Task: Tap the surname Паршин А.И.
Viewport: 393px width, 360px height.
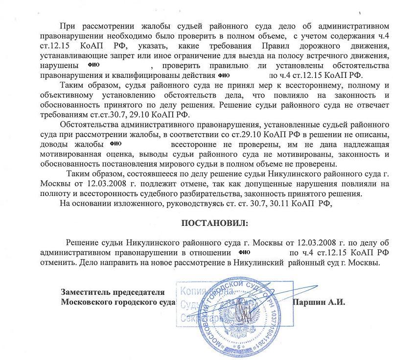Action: [318, 302]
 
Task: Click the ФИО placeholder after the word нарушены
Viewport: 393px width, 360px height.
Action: [92, 65]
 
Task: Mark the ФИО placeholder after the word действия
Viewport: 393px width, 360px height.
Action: [223, 75]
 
